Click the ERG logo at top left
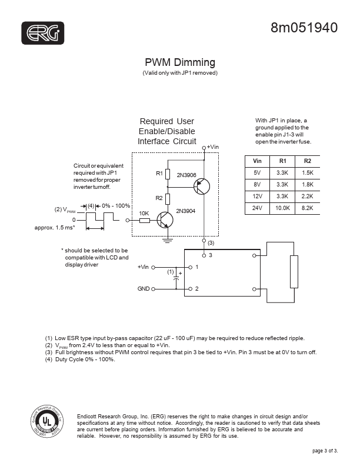(x=43, y=33)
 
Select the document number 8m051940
(x=304, y=28)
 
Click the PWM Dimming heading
(x=179, y=62)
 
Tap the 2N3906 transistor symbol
(x=202, y=187)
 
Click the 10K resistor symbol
(x=144, y=220)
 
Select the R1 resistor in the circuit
(x=168, y=174)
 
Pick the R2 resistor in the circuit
(x=168, y=198)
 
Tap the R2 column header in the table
(x=308, y=161)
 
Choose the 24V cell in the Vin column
(x=257, y=208)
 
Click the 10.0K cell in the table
(x=282, y=208)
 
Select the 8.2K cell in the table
(x=308, y=208)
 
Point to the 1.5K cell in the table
(x=308, y=173)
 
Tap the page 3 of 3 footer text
(x=325, y=451)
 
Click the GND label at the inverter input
(x=144, y=289)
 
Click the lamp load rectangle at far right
(x=294, y=272)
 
